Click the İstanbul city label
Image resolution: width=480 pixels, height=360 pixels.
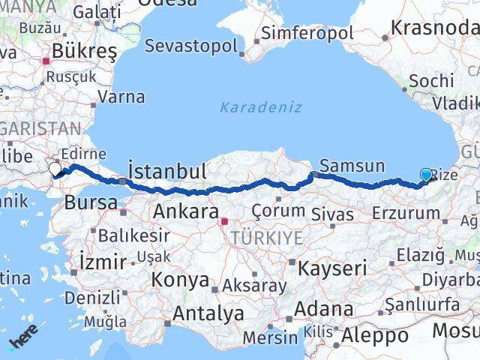(166, 170)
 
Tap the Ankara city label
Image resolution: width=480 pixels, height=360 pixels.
(185, 211)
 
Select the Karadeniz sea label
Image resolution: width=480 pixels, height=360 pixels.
(261, 107)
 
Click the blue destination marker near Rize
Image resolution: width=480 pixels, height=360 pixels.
(426, 175)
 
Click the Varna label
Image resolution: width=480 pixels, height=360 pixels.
(121, 97)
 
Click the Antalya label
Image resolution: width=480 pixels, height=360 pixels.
(209, 313)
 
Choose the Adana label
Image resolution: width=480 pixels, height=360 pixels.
(323, 308)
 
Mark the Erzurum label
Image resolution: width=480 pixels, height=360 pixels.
(406, 213)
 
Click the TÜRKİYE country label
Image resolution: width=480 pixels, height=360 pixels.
(268, 238)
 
